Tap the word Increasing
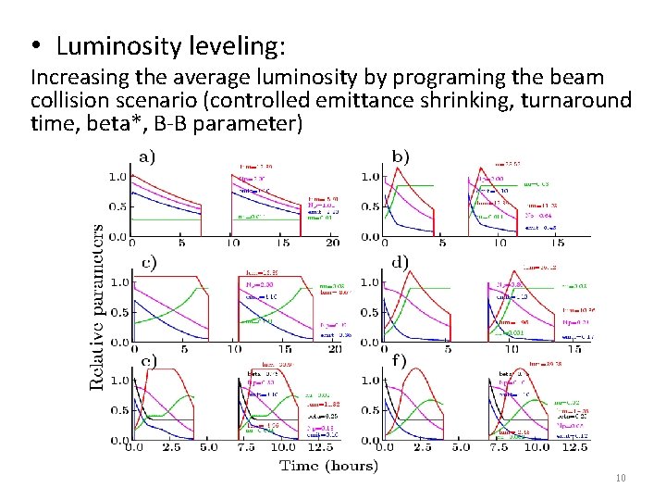click(78, 79)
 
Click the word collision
click(66, 101)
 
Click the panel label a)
click(147, 156)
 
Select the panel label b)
click(401, 156)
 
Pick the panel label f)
click(400, 361)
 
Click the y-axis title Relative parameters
click(96, 305)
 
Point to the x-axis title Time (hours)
click(328, 465)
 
